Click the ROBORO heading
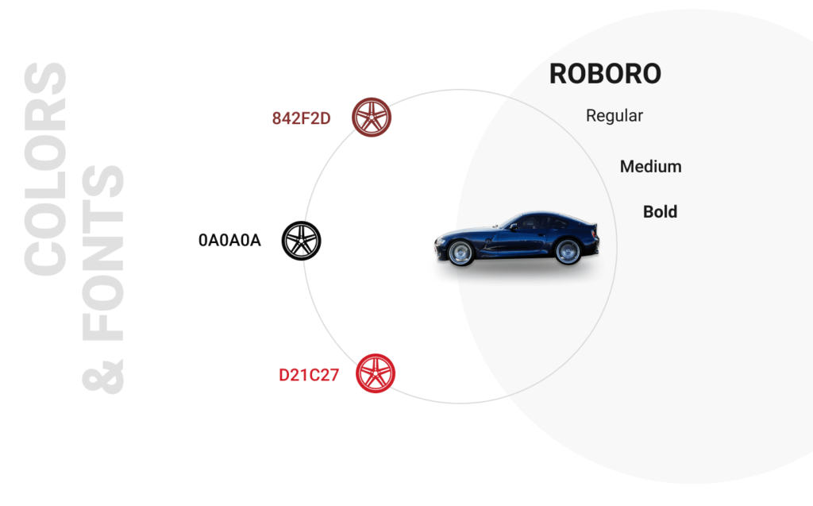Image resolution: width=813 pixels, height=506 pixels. tap(605, 74)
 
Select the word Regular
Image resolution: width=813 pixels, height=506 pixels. tap(615, 116)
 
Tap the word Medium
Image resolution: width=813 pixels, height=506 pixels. tap(651, 167)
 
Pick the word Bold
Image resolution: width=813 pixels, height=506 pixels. tap(660, 212)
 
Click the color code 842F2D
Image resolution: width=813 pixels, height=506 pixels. tap(301, 118)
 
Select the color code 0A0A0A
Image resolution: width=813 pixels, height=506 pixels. tap(229, 240)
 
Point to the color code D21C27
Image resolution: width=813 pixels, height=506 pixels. tap(309, 375)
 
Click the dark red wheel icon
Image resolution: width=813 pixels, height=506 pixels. tap(372, 118)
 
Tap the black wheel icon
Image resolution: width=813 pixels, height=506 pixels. tap(301, 241)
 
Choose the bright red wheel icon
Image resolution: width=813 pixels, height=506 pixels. tap(376, 373)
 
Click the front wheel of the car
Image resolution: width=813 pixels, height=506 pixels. tap(460, 253)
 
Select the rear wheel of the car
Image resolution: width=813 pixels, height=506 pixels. tap(568, 251)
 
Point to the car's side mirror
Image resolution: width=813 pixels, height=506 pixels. tap(514, 227)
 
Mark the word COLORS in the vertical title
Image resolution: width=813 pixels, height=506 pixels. tap(45, 169)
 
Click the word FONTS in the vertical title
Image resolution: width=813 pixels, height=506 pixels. tap(102, 253)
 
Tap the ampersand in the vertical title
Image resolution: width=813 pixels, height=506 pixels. tap(102, 377)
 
